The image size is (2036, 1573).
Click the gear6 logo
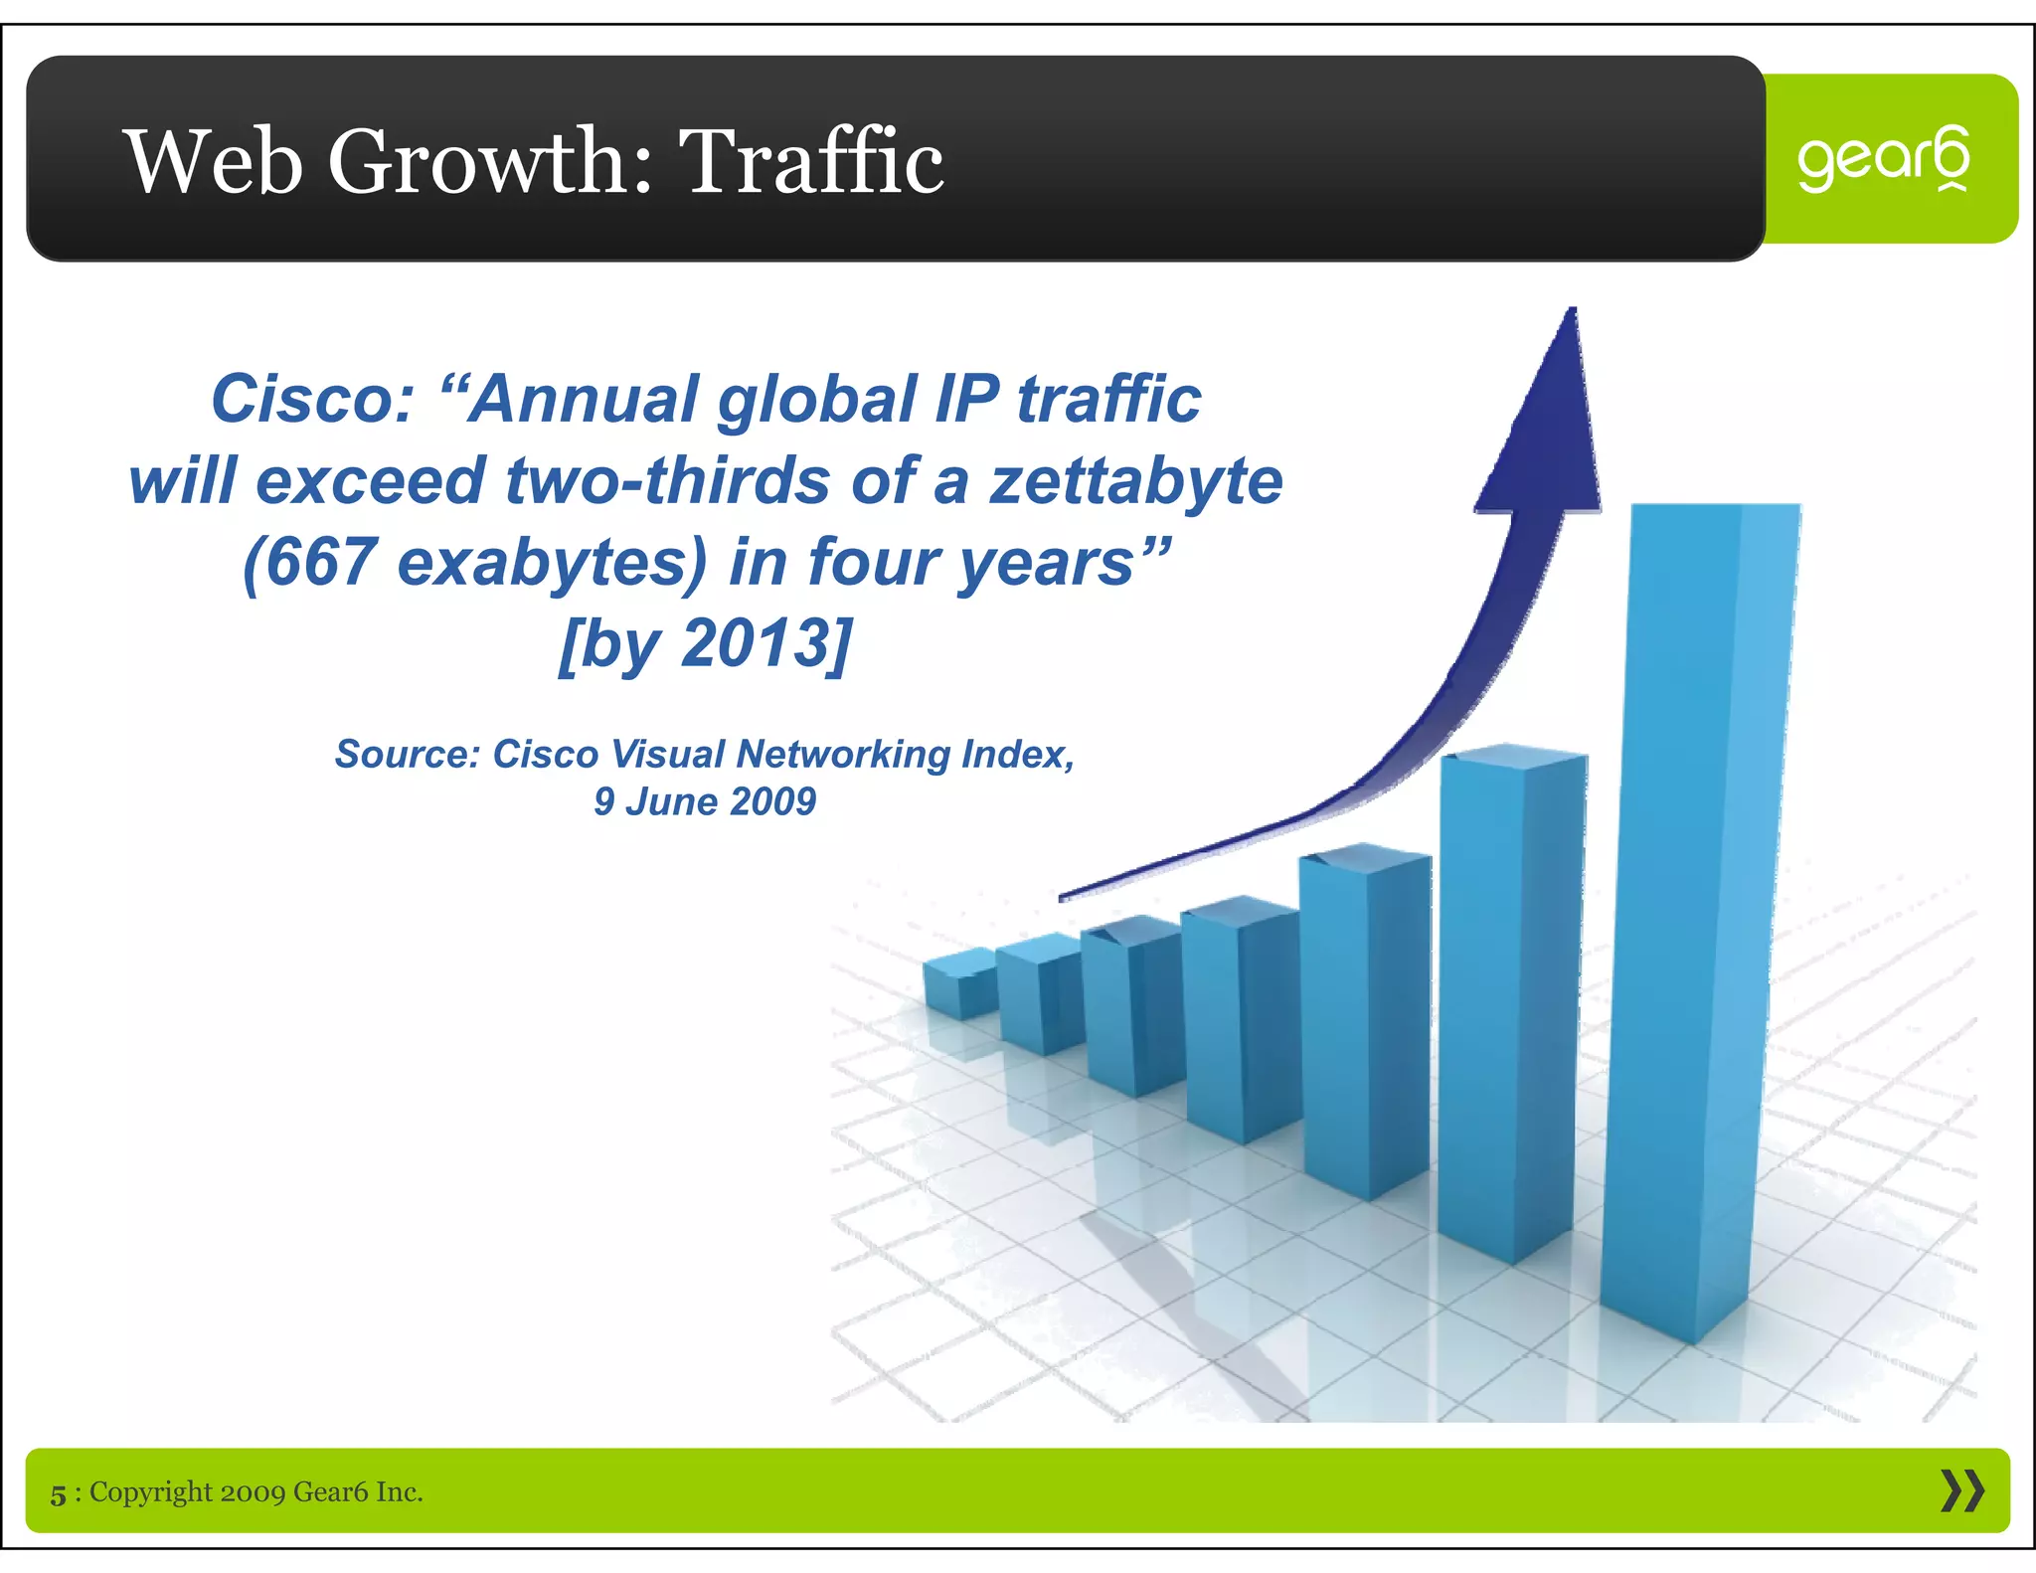(x=1883, y=159)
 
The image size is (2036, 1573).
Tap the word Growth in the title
(x=490, y=161)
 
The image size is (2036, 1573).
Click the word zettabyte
(x=1135, y=481)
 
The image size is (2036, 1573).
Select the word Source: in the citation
(x=408, y=754)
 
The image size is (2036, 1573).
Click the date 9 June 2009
(x=704, y=801)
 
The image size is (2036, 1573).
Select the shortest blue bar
(x=959, y=984)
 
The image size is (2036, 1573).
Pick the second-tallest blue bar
(x=1509, y=1004)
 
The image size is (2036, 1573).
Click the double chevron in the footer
(x=1961, y=1491)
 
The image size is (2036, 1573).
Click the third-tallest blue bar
(x=1364, y=1024)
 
